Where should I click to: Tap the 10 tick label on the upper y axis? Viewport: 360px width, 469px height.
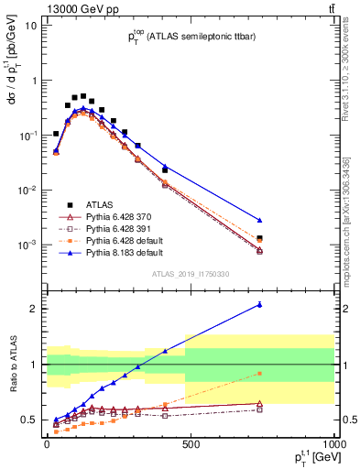click(x=30, y=26)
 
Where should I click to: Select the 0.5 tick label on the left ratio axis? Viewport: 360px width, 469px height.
click(x=30, y=420)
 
